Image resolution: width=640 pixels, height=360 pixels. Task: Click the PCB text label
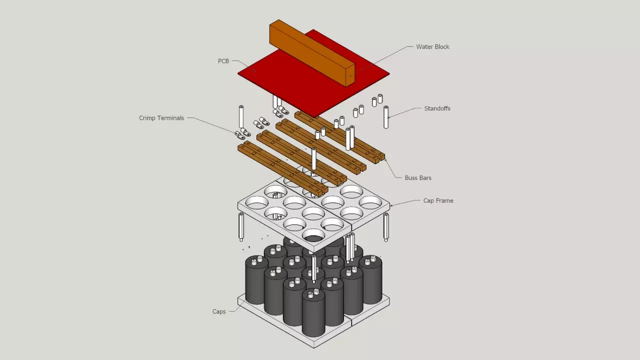coord(223,61)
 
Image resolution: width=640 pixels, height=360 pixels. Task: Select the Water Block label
coord(432,46)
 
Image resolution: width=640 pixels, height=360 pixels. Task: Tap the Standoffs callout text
coord(437,108)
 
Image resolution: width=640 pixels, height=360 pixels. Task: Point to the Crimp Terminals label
coord(161,118)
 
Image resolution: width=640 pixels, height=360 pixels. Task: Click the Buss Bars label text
coord(418,177)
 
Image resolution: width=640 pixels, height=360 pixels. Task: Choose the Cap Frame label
coord(438,200)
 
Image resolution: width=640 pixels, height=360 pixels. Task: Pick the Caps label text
coord(219,311)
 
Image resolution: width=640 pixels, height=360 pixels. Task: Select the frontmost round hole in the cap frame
coord(313,235)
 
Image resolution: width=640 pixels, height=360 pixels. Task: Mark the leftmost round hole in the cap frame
coord(256,202)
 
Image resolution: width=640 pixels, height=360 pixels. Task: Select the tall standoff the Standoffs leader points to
coord(386,117)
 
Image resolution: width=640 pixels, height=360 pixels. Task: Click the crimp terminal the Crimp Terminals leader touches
coord(240,134)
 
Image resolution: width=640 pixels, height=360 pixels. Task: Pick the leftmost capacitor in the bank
coord(256,280)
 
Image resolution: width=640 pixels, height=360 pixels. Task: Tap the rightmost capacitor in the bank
coord(370,280)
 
